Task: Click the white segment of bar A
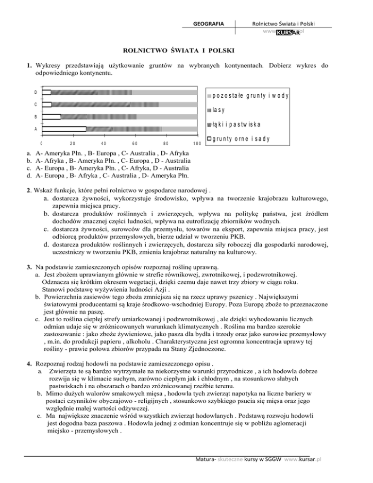point(64,129)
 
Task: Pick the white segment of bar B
point(51,117)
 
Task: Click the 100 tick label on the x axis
point(197,144)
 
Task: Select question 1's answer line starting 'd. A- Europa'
point(110,175)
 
